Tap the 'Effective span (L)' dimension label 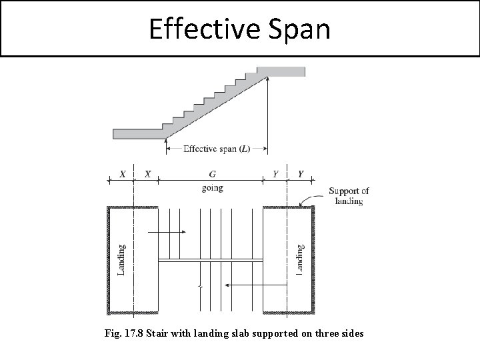217,149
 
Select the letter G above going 212,174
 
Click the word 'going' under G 212,188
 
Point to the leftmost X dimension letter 122,174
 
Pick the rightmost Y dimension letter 301,174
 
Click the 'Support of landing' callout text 349,196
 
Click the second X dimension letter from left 148,174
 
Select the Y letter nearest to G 275,174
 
